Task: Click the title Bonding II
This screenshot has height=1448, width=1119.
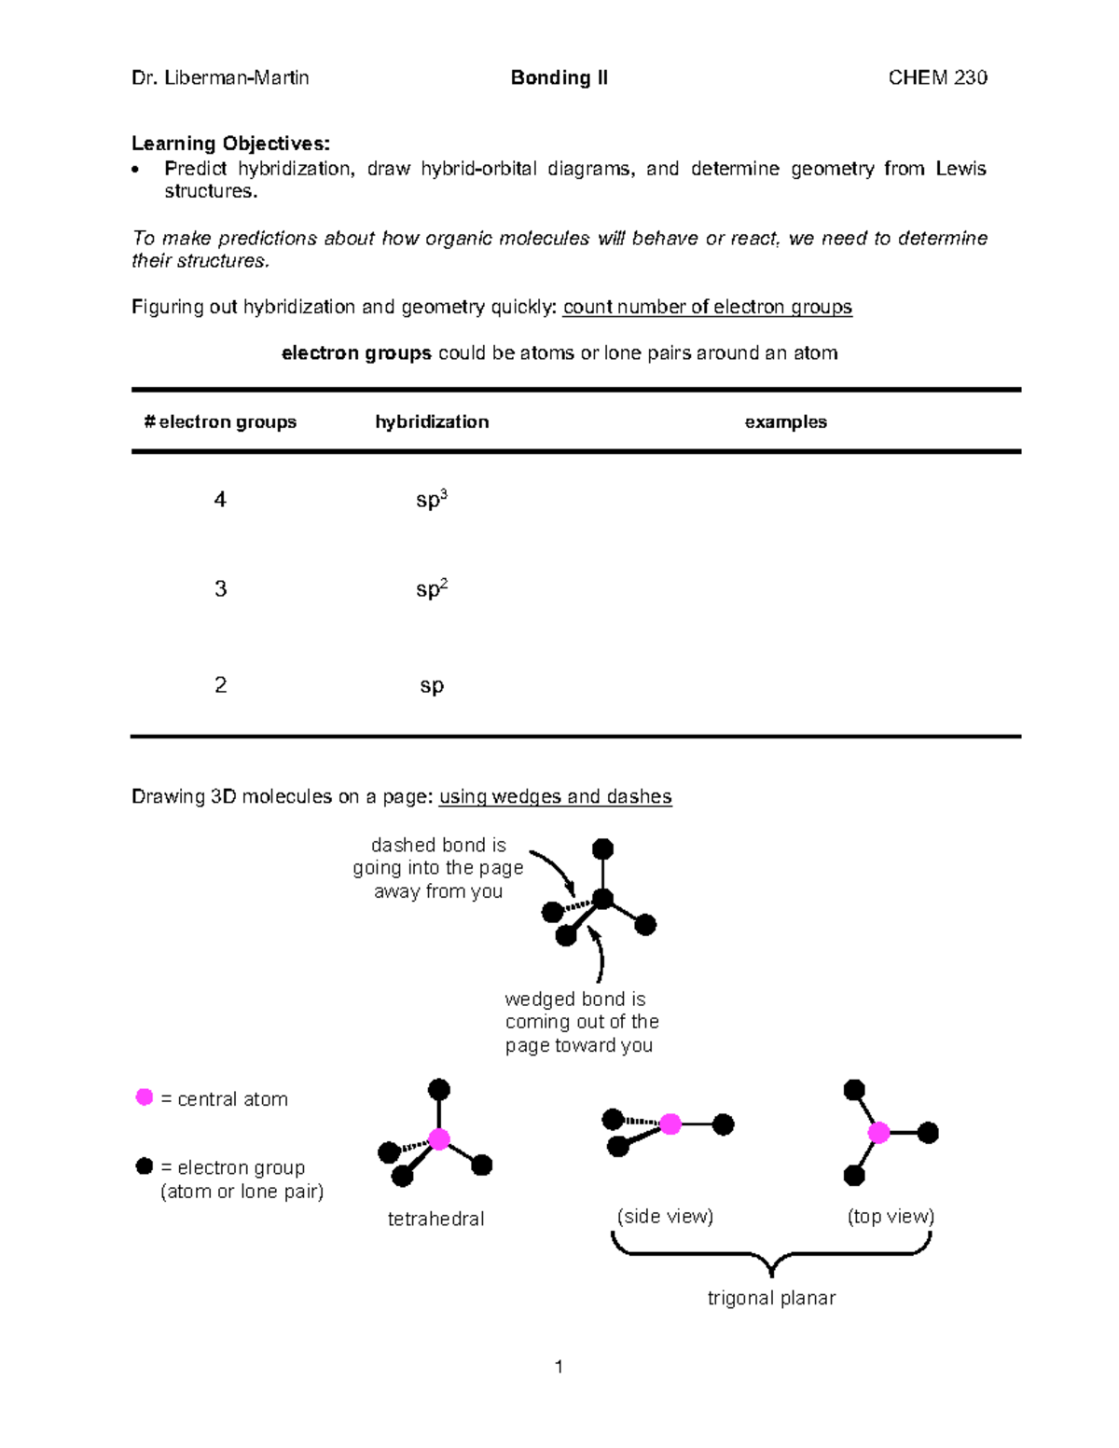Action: coord(559,78)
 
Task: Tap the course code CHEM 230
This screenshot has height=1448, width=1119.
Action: coord(937,78)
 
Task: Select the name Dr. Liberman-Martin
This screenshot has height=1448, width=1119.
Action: coord(220,78)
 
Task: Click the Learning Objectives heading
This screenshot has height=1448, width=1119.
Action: coord(230,144)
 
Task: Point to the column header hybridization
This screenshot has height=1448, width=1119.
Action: coord(432,422)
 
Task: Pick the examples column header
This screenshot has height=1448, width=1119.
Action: coord(785,422)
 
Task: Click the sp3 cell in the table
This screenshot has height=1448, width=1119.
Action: coord(431,500)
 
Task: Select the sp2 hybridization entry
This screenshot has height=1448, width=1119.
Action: coord(431,589)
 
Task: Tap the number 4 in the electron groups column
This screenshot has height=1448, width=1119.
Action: coord(220,500)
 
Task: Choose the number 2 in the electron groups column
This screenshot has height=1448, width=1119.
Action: coord(220,685)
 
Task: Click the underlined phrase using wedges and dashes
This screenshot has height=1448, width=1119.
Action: coord(555,797)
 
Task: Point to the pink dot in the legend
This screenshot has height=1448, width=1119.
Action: coord(145,1097)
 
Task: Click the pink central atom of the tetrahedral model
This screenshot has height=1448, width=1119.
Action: coord(439,1138)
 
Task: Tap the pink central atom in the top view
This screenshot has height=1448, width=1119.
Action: coord(878,1133)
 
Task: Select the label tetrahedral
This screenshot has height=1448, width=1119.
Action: coord(435,1220)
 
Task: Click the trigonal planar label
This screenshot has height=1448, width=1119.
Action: coord(771,1298)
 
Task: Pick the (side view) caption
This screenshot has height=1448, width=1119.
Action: coord(665,1217)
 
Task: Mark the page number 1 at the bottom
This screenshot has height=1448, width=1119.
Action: coord(559,1367)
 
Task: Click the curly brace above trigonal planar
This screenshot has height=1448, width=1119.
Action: coord(771,1254)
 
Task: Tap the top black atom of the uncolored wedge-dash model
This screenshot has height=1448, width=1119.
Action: coord(603,848)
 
